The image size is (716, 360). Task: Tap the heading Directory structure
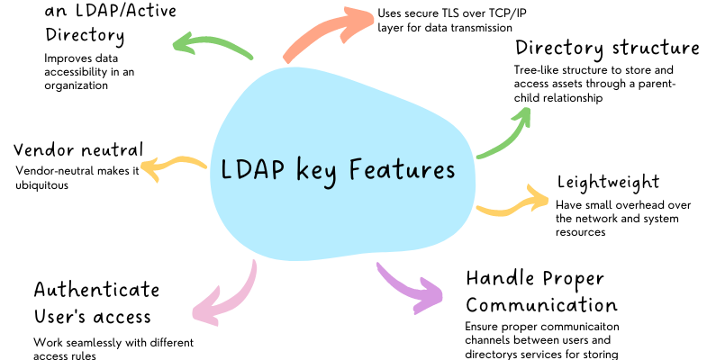point(607,48)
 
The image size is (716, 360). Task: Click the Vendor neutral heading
point(78,148)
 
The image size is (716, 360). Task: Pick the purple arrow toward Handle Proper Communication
point(410,288)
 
